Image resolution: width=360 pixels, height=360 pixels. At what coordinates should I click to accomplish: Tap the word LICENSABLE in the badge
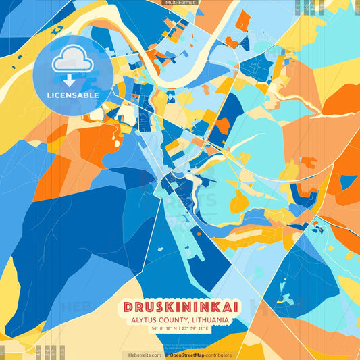[x=73, y=95]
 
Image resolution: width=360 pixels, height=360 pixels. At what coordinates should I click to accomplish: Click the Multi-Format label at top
[x=179, y=3]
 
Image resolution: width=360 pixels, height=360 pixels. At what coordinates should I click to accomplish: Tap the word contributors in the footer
[x=220, y=355]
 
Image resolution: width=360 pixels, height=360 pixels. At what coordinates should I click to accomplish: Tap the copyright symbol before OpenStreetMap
[x=167, y=355]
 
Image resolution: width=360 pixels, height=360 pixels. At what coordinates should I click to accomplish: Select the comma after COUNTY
[x=188, y=321]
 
